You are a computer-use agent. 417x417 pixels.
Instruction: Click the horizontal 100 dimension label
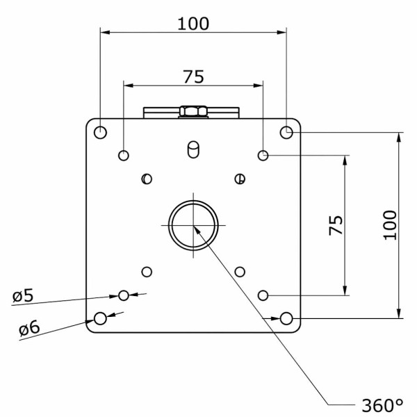193,24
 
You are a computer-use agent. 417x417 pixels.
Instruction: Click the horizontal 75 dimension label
194,77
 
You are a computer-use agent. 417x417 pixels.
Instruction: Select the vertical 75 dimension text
336,225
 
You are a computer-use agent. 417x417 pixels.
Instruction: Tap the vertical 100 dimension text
390,225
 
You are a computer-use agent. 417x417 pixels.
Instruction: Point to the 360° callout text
382,406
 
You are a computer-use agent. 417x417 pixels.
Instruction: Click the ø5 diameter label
23,295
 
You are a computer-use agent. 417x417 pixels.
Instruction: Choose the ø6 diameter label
29,327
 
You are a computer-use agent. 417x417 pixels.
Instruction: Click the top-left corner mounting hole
100,133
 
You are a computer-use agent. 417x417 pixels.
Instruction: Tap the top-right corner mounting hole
286,132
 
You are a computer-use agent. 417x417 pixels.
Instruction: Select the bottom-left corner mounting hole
100,318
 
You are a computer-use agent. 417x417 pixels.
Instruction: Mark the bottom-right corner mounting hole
286,318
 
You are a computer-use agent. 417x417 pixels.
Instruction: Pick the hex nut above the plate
193,111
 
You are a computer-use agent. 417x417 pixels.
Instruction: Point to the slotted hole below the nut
193,149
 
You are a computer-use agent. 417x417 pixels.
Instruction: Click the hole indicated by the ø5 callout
124,295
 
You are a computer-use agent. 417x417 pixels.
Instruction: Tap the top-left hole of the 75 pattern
124,155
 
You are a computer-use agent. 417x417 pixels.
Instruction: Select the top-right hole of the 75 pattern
263,155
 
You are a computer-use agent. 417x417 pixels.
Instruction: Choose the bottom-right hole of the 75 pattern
263,295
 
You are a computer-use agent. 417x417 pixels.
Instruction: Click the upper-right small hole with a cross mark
240,179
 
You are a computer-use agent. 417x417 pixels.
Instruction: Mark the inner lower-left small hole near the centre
147,272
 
